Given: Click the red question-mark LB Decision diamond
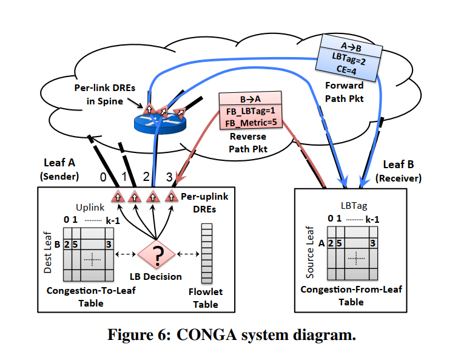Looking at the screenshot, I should pyautogui.click(x=157, y=257).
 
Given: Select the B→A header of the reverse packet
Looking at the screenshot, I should pyautogui.click(x=251, y=98).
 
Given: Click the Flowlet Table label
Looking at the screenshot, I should pyautogui.click(x=206, y=298).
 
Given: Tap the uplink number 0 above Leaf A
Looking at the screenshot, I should pyautogui.click(x=103, y=178).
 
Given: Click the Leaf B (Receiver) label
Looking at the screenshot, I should pyautogui.click(x=399, y=171).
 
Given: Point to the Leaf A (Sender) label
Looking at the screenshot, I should pyautogui.click(x=60, y=169).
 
